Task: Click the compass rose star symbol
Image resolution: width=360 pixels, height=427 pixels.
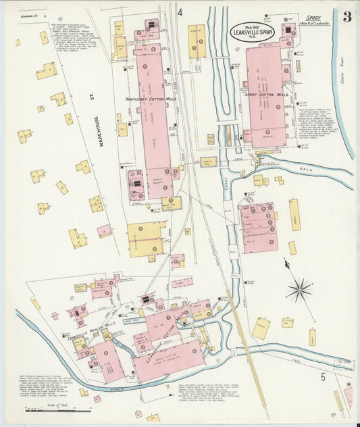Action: point(298,290)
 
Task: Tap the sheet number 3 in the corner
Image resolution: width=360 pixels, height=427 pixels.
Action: point(346,17)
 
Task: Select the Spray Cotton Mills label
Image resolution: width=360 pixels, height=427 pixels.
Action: point(266,95)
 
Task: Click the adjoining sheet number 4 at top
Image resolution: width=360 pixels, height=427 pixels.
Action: point(180,12)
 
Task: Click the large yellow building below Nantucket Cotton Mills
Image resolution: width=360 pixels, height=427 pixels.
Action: point(145,238)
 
